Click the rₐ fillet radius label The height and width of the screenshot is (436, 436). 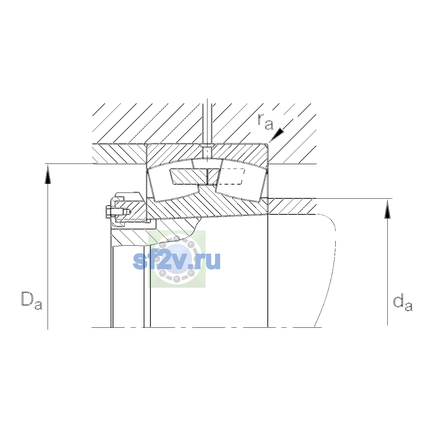click(x=266, y=122)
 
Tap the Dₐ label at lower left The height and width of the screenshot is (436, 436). click(x=32, y=300)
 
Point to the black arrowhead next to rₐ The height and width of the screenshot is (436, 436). click(x=276, y=135)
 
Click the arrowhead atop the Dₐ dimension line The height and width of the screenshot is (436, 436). click(x=48, y=174)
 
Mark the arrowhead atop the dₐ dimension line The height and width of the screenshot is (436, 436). click(x=388, y=209)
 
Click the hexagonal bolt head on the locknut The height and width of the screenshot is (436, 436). click(x=108, y=212)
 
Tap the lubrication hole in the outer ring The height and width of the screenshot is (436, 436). click(x=207, y=152)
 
